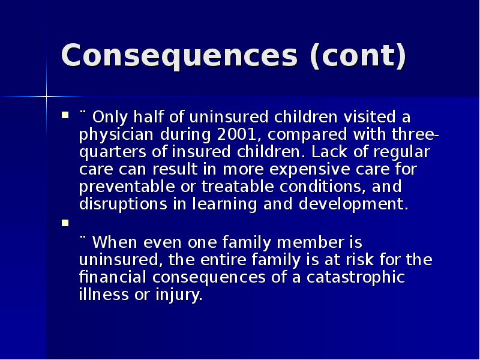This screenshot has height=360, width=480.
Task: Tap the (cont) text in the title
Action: pyautogui.click(x=358, y=56)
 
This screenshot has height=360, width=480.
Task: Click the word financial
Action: pyautogui.click(x=113, y=278)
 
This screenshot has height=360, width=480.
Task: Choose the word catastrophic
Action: pyautogui.click(x=355, y=278)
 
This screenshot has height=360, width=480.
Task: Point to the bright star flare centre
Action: pyautogui.click(x=46, y=96)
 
